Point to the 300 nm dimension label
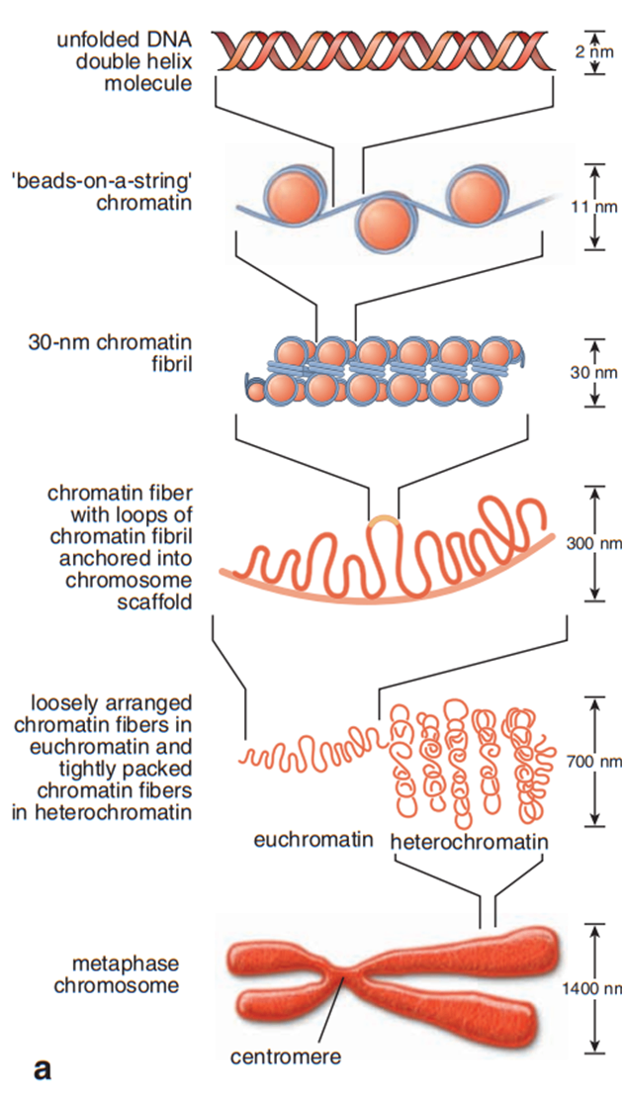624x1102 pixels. click(x=594, y=542)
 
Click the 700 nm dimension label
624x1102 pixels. click(x=594, y=761)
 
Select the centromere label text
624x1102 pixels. click(x=286, y=1056)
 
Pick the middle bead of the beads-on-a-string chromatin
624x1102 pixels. click(x=383, y=225)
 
